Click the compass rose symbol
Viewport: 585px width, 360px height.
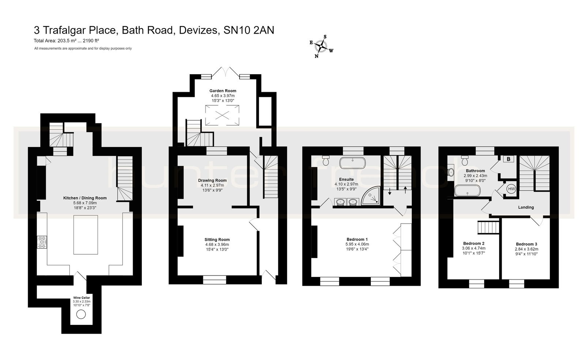[x=321, y=46]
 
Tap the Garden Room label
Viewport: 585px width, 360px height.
[x=223, y=91]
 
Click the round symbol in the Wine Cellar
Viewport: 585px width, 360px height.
[x=81, y=314]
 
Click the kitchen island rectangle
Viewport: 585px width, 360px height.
[x=86, y=235]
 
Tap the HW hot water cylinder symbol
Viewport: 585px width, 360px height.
[x=512, y=189]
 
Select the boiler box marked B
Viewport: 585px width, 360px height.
[x=508, y=159]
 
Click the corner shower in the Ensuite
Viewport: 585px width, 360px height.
[x=371, y=196]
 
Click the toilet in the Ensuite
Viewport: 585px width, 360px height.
[x=326, y=160]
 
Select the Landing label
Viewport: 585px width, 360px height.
[x=526, y=207]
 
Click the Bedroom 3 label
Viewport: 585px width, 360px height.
[x=526, y=244]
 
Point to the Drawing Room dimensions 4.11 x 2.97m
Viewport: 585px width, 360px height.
[x=212, y=185]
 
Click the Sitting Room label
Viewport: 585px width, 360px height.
[x=217, y=240]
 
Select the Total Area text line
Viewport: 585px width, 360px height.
[x=67, y=41]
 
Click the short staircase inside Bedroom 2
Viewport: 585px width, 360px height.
[x=488, y=227]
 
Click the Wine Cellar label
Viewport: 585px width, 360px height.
[x=81, y=298]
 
